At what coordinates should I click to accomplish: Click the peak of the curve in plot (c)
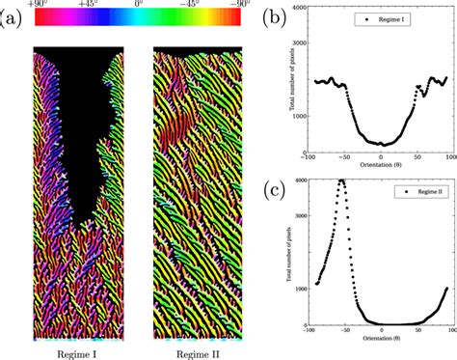[341, 180]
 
